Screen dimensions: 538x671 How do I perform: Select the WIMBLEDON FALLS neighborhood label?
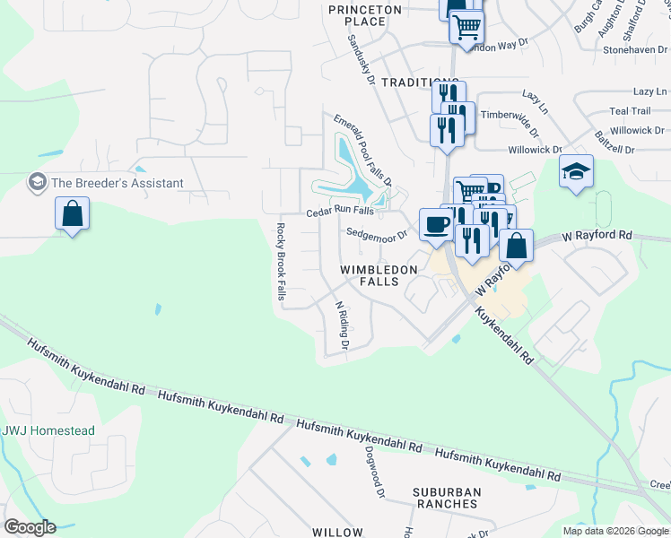click(x=379, y=275)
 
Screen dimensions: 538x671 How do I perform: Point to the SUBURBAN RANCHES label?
click(x=447, y=498)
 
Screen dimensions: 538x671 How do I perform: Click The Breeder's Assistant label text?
click(x=118, y=183)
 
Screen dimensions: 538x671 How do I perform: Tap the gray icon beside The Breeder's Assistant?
click(x=38, y=183)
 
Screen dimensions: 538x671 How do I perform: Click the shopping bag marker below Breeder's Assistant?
click(x=72, y=215)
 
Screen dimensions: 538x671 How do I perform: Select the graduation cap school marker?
click(x=576, y=172)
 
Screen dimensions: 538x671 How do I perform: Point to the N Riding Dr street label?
click(x=341, y=325)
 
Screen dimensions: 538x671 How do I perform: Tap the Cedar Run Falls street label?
click(x=340, y=212)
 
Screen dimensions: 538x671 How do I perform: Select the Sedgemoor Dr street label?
click(x=377, y=233)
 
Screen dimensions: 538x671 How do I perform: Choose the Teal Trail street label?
click(x=629, y=111)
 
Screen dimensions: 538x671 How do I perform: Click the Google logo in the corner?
click(x=30, y=527)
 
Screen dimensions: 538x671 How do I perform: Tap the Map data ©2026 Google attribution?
click(x=615, y=531)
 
